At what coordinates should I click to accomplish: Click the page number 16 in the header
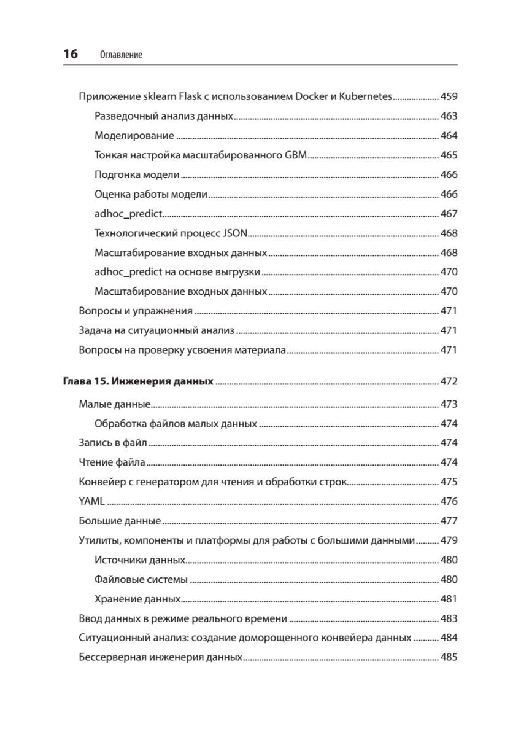pos(70,54)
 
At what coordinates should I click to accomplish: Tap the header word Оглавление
pos(120,55)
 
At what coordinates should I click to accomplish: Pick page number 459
pos(449,97)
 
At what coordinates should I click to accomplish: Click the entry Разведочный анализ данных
pos(164,116)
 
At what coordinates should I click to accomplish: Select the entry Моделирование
pos(134,136)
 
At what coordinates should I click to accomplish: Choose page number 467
pos(449,214)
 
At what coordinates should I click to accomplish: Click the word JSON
pos(233,233)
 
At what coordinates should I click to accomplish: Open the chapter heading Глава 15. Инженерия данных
pos(138,381)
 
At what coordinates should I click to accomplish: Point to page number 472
pos(449,381)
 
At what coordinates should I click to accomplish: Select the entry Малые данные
pos(115,404)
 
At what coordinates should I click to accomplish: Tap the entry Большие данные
pos(120,521)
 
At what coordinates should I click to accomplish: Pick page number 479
pos(449,540)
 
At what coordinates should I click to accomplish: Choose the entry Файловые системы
pos(141,579)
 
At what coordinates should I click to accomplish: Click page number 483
pos(449,618)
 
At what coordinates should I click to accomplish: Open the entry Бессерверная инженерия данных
pos(161,657)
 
